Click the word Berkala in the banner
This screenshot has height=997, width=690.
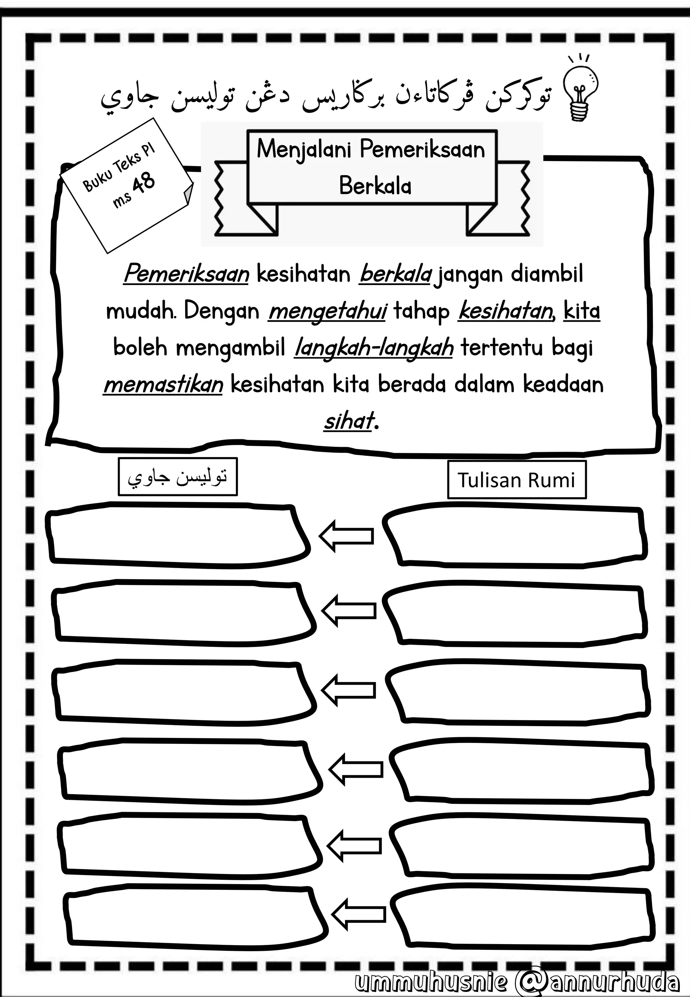point(375,186)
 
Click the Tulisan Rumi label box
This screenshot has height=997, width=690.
point(516,480)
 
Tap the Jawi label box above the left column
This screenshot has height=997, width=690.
point(178,476)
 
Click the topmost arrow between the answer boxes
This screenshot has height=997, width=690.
point(346,536)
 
